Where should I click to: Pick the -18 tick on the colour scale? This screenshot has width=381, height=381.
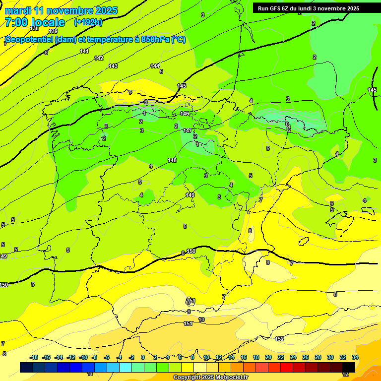[x=34, y=357]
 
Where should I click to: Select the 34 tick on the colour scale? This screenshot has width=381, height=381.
[x=355, y=357]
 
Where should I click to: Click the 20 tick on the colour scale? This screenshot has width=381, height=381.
[x=268, y=357]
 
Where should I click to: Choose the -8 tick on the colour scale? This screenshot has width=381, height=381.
[x=94, y=357]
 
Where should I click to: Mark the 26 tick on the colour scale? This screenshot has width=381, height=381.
[x=306, y=357]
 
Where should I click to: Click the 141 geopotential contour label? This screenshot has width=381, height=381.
[x=84, y=52]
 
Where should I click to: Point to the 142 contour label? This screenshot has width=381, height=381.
[x=99, y=59]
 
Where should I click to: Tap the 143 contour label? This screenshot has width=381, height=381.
[x=113, y=66]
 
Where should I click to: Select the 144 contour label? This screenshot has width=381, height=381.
[x=155, y=66]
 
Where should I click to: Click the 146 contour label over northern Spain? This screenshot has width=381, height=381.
[x=185, y=114]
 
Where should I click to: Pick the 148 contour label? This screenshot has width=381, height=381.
[x=172, y=160]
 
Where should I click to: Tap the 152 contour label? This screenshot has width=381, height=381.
[x=279, y=339]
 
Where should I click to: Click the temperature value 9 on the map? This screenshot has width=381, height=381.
[x=189, y=312]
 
